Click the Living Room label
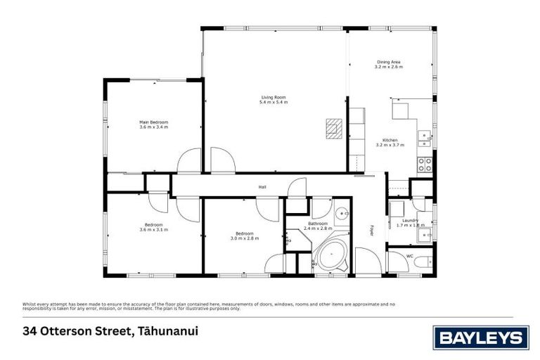[x=274, y=97]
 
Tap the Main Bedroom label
[x=153, y=122]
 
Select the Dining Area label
[x=388, y=62]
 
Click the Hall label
[x=262, y=186]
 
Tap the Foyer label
[x=373, y=230]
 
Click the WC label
[x=409, y=256]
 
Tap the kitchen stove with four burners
[x=425, y=165]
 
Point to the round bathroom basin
[x=342, y=214]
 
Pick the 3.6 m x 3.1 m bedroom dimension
[x=153, y=230]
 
